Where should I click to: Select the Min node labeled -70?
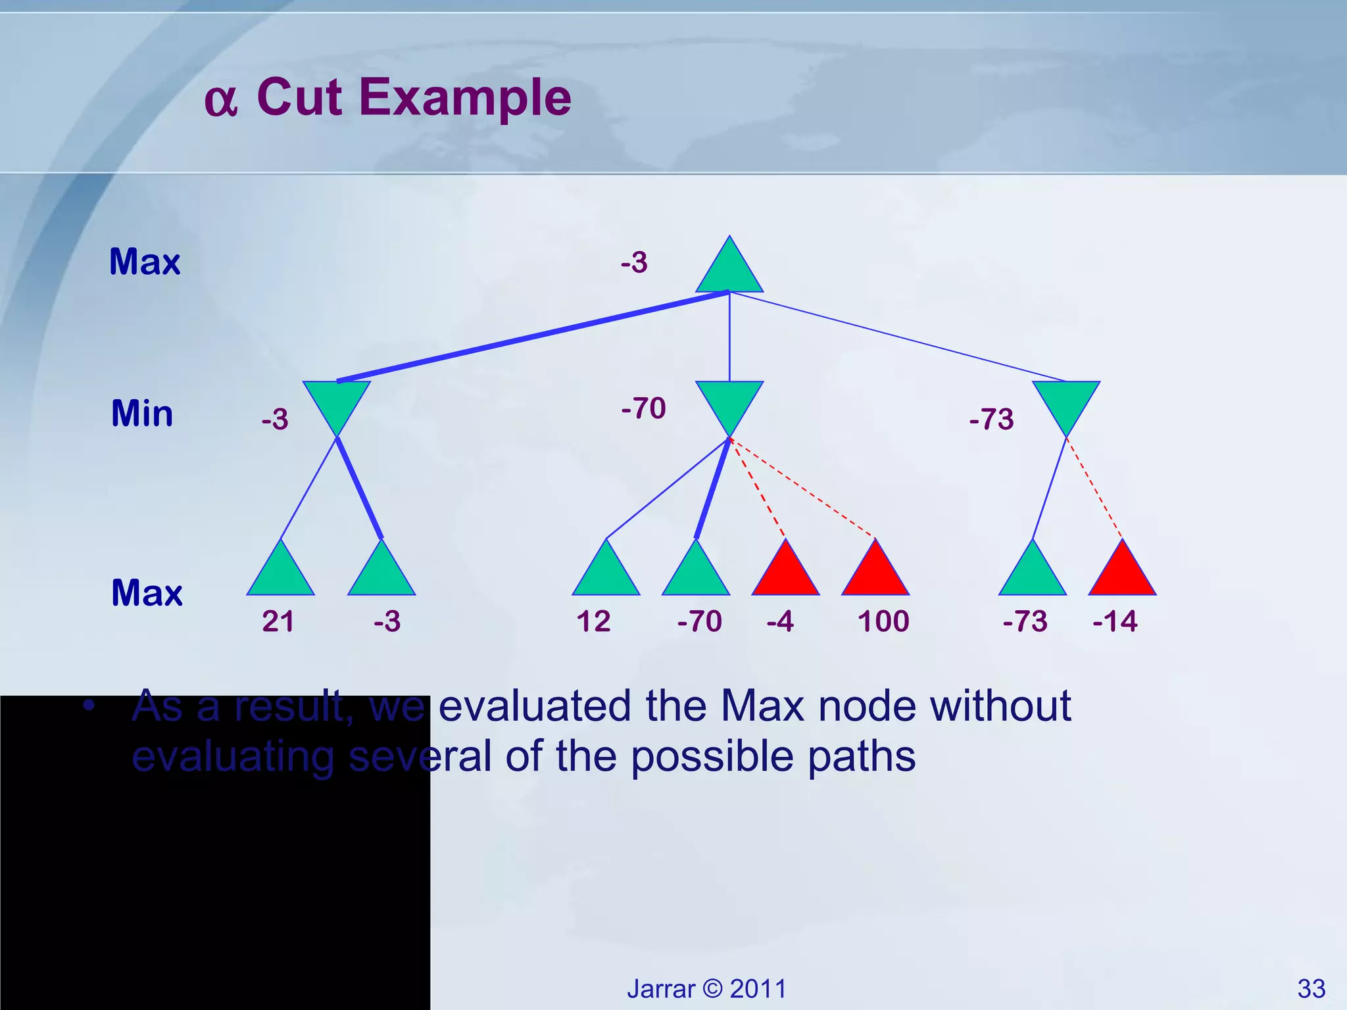click(x=729, y=402)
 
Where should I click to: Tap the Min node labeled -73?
click(x=1066, y=402)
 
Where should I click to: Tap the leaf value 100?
click(x=883, y=621)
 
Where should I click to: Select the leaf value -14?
click(x=1115, y=621)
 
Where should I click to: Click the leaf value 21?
click(x=278, y=621)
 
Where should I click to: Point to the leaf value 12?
click(x=593, y=621)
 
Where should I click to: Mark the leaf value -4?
click(x=780, y=621)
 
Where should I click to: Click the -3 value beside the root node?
click(x=634, y=262)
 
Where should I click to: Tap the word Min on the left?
click(x=142, y=414)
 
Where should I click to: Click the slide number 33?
click(x=1311, y=989)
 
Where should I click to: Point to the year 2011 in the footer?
click(x=758, y=989)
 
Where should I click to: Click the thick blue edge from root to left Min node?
click(x=533, y=337)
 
